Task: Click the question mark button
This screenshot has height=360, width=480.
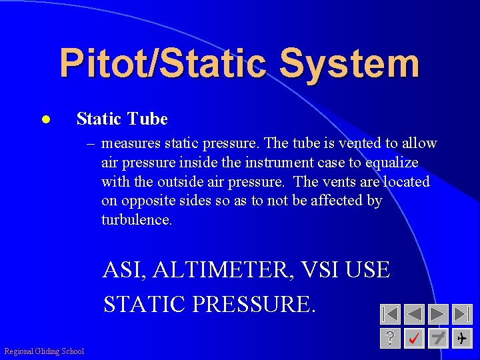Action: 390,338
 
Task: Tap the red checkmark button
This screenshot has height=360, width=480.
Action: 414,338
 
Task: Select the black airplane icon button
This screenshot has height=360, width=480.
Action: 461,338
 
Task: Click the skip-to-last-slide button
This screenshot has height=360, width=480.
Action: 461,315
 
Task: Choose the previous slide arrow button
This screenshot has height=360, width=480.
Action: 414,315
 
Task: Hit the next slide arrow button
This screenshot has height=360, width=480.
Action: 438,315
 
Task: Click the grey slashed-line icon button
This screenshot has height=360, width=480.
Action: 438,338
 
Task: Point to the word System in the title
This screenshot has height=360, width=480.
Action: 349,63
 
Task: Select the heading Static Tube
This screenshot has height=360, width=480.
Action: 122,119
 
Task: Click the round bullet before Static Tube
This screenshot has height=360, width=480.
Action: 45,120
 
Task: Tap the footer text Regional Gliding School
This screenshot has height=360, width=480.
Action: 44,351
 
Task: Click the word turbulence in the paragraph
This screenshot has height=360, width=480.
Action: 137,220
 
